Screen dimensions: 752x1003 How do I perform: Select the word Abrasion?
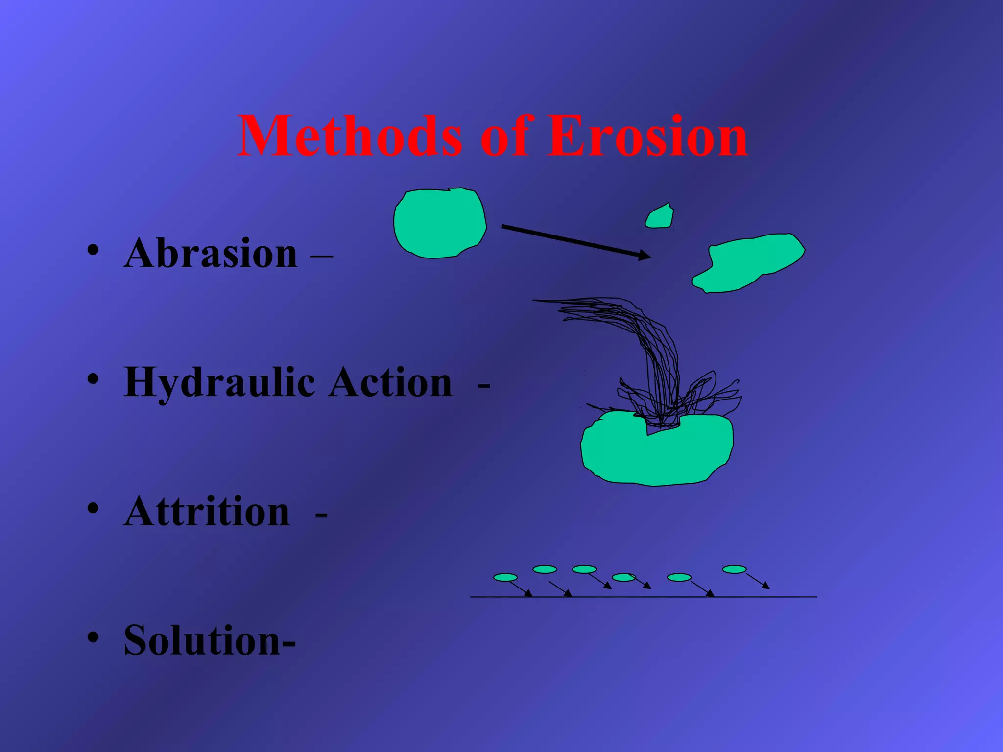[211, 254]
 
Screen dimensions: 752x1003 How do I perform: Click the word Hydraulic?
[219, 383]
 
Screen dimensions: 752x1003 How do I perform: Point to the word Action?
[390, 383]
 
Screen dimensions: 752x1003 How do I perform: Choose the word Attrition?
[207, 512]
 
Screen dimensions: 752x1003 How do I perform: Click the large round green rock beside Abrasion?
[439, 223]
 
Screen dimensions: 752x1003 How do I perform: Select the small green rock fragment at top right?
[659, 216]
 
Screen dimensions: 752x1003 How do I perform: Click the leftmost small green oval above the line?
[505, 577]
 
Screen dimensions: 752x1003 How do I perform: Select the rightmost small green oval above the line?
[734, 569]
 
